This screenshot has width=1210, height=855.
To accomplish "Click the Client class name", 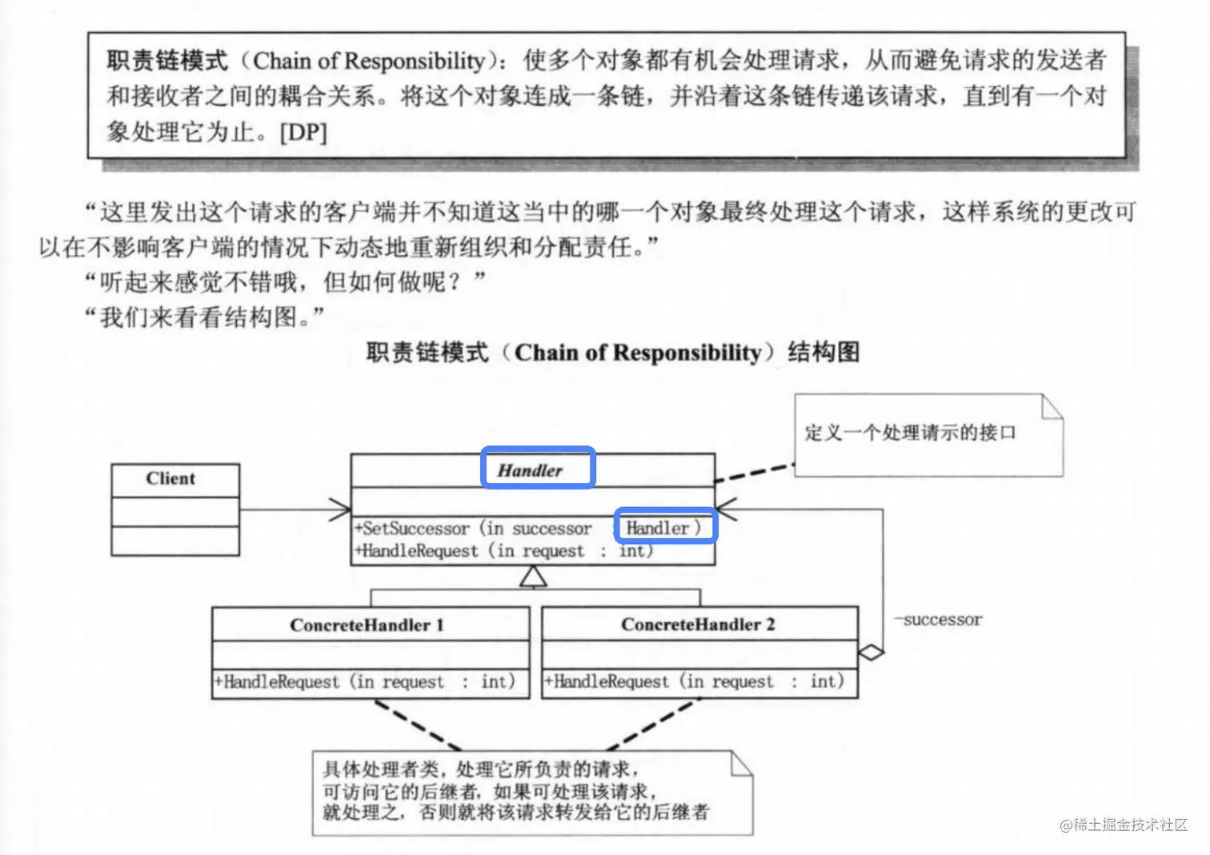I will (170, 479).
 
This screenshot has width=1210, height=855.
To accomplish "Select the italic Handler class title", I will (530, 470).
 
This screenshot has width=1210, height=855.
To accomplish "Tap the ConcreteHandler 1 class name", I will (367, 625).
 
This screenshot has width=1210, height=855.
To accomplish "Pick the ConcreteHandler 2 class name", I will (698, 625).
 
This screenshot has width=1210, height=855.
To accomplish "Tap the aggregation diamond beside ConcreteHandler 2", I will (871, 653).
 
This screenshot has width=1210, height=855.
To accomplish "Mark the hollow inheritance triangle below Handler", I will (533, 577).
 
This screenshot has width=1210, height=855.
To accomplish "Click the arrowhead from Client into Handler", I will (341, 509).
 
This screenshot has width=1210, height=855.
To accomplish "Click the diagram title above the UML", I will (613, 353).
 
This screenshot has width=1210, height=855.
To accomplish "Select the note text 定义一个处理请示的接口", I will (910, 433).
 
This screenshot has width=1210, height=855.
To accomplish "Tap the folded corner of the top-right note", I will (1053, 406).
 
